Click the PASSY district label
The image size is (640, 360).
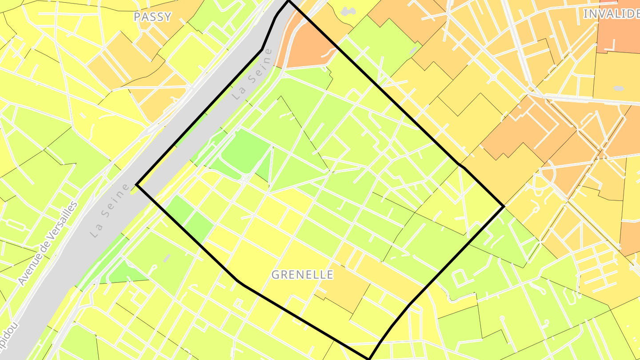coord(152,17)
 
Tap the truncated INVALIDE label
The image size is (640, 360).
coord(611,14)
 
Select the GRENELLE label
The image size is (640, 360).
coord(302,275)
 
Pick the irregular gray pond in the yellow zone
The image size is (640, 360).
coord(349,11)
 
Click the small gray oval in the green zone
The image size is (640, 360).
coord(414,50)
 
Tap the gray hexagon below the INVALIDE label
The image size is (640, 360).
coord(618,88)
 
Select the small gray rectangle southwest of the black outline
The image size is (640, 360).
coord(167,258)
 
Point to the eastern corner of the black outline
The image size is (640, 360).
coord(504,206)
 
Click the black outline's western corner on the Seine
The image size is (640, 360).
coord(137,184)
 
